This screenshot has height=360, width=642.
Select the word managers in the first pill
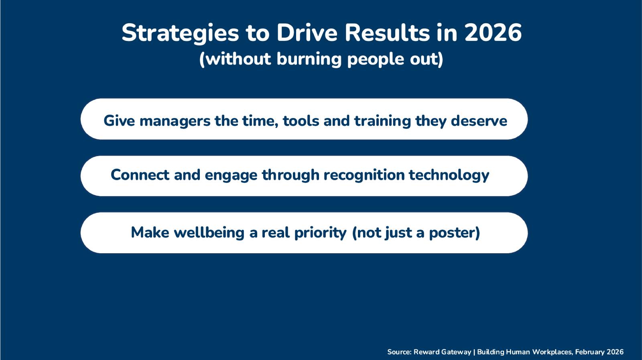tap(175, 121)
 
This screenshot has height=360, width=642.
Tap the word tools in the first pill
tap(301, 121)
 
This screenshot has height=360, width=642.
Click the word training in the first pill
tap(382, 121)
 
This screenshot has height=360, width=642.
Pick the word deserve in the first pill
tap(479, 121)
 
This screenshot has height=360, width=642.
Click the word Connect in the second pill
tap(140, 175)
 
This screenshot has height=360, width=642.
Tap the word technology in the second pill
tap(449, 175)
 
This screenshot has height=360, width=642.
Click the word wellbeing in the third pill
tap(209, 232)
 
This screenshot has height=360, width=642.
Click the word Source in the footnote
tap(399, 352)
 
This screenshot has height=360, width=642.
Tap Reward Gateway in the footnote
tap(442, 352)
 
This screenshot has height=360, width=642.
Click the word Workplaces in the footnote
tap(552, 352)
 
